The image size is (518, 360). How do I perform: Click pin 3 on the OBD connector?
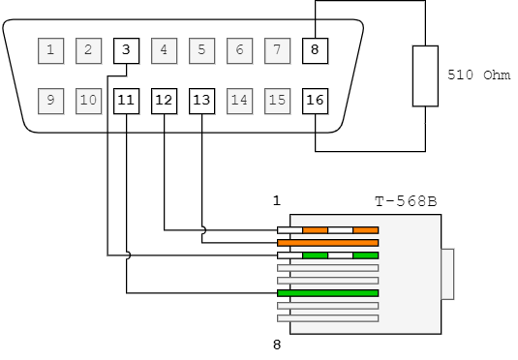click(x=126, y=49)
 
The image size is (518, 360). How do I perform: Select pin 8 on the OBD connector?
click(x=315, y=49)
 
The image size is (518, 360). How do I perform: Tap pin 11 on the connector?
click(x=126, y=100)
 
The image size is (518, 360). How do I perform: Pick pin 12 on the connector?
click(x=164, y=100)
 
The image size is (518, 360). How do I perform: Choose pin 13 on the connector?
click(x=201, y=100)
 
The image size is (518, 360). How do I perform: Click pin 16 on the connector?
click(x=315, y=100)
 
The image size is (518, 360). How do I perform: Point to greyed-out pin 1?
click(x=50, y=49)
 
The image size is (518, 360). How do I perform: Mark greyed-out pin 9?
click(x=50, y=100)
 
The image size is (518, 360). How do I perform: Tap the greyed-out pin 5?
click(x=201, y=49)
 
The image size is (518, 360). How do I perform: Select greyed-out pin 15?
click(x=277, y=100)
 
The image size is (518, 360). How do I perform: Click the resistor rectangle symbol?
click(x=425, y=75)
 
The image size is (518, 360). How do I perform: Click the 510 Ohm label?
click(x=478, y=75)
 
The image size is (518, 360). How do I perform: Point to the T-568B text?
click(x=406, y=202)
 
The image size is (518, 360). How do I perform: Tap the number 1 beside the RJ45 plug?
click(x=276, y=201)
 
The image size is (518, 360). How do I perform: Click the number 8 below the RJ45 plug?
click(x=276, y=343)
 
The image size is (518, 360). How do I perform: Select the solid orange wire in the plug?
click(x=327, y=243)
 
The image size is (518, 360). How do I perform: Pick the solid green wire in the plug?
click(x=327, y=293)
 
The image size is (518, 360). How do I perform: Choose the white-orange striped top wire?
click(x=327, y=230)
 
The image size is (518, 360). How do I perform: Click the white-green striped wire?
click(x=327, y=255)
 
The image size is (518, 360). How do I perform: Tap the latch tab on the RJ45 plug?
click(x=446, y=274)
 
